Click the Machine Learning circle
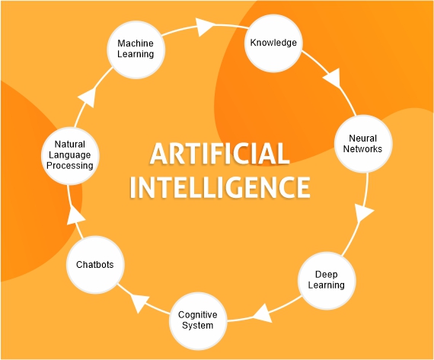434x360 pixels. tap(136, 49)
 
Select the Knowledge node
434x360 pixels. tap(273, 43)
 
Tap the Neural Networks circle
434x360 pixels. tap(363, 144)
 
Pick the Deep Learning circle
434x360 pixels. tap(327, 280)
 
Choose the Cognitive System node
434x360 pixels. tap(198, 320)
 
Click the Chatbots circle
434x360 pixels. tap(95, 265)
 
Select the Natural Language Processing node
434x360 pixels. tap(70, 155)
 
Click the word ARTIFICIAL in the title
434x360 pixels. tap(220, 154)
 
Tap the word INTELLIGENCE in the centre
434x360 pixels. tap(220, 187)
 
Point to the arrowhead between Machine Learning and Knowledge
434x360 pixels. tap(205, 27)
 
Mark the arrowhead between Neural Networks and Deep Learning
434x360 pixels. tap(364, 213)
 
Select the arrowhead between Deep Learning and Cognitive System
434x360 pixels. tap(263, 314)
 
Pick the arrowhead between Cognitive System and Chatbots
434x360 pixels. tap(139, 302)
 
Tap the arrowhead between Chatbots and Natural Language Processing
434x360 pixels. tap(75, 215)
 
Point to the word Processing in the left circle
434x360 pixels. tap(70, 166)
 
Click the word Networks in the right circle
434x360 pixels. tap(362, 149)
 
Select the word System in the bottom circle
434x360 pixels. tap(198, 326)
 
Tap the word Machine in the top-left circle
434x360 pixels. tap(136, 43)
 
